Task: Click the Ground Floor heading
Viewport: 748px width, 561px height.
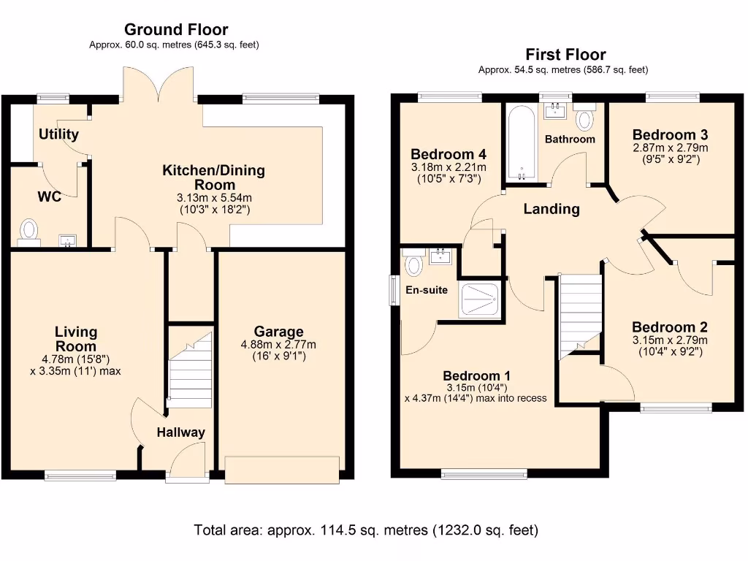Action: pos(175,30)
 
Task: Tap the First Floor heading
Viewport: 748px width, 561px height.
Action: pos(565,55)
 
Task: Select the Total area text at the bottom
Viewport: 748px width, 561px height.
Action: pos(366,530)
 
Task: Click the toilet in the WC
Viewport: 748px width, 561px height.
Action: pos(29,230)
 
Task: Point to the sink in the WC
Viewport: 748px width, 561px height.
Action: pos(70,240)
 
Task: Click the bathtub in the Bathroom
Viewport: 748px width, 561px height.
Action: pos(522,144)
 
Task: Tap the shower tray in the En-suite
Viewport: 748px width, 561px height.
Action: pos(480,299)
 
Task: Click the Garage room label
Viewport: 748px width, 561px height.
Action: pos(278,332)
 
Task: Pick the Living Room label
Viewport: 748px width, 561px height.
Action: pos(76,339)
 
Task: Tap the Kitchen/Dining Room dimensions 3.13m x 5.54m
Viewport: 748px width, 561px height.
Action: pos(213,197)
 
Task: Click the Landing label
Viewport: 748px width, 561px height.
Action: pos(552,209)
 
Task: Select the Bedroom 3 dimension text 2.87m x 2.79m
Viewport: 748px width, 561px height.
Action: pos(670,148)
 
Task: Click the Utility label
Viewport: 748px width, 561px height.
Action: pos(58,134)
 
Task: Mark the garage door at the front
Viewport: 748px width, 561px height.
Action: pos(282,469)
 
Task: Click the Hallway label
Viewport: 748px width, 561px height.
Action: pos(181,432)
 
